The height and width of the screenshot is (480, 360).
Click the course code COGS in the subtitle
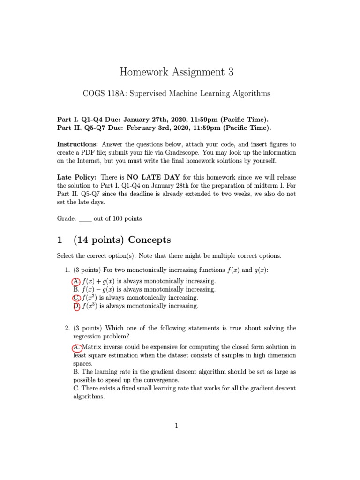pyautogui.click(x=93, y=94)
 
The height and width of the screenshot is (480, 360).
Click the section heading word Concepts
pyautogui.click(x=150, y=240)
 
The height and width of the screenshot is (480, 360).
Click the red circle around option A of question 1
pyautogui.click(x=76, y=281)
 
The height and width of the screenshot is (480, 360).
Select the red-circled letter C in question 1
pyautogui.click(x=76, y=298)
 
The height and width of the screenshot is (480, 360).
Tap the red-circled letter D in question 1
pyautogui.click(x=76, y=306)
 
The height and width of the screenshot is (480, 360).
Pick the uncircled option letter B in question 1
pyautogui.click(x=76, y=290)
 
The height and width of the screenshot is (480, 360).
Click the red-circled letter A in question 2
pyautogui.click(x=76, y=347)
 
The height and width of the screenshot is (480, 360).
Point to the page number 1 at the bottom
pyautogui.click(x=176, y=426)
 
